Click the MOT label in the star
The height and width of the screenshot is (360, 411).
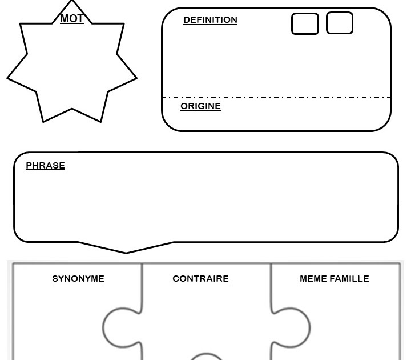tap(72, 19)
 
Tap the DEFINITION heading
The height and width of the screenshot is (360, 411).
tap(210, 20)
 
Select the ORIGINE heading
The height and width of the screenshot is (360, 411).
tap(200, 106)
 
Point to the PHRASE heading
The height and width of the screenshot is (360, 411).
tap(45, 166)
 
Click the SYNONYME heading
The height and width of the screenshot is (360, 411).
tap(78, 279)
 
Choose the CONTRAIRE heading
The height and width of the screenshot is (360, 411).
tap(200, 279)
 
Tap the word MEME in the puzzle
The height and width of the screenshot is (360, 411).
tap(312, 279)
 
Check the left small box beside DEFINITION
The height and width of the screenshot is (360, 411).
tap(305, 24)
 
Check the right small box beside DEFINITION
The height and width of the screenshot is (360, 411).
tap(340, 23)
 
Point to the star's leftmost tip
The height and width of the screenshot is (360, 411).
tap(8, 78)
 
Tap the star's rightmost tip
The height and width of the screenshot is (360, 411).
tap(136, 78)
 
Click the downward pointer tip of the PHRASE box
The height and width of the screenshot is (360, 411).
tap(126, 252)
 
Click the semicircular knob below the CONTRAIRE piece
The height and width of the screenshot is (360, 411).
tap(206, 357)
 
